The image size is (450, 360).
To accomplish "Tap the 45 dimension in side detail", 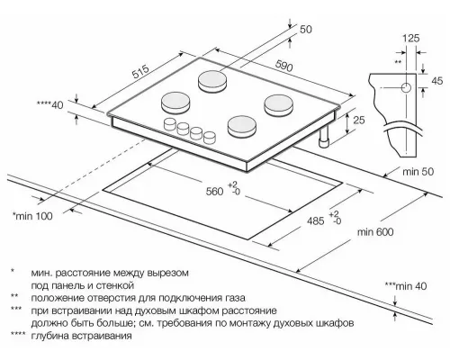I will coord(438,82).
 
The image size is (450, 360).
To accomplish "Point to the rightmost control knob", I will coord(210,139).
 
